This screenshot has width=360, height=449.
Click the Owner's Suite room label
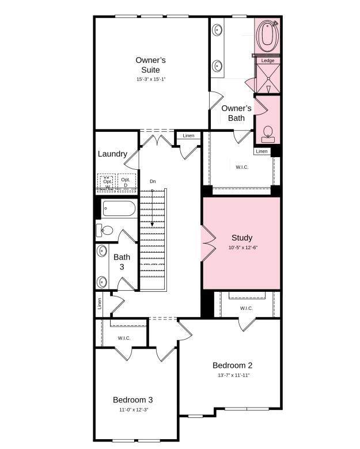150,65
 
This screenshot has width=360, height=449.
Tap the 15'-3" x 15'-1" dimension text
151,79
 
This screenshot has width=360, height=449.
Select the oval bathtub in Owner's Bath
268,35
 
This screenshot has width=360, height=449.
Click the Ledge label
268,60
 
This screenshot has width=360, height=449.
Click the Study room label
242,238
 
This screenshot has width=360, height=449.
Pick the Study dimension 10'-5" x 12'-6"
243,248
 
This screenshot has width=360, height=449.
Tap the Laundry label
112,154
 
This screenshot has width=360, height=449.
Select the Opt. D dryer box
126,182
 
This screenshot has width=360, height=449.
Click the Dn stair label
153,181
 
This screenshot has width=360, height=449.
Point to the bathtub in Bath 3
119,208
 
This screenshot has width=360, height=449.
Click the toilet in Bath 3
104,230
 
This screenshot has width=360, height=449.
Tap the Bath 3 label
122,262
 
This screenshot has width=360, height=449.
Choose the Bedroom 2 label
233,366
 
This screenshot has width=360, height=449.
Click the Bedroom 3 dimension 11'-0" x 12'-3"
134,410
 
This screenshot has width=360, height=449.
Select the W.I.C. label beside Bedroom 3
124,338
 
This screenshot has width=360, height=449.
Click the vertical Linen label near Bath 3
100,303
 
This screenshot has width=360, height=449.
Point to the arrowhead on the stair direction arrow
152,224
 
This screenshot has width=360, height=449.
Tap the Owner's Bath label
236,113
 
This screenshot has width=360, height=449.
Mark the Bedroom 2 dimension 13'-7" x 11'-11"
234,375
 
